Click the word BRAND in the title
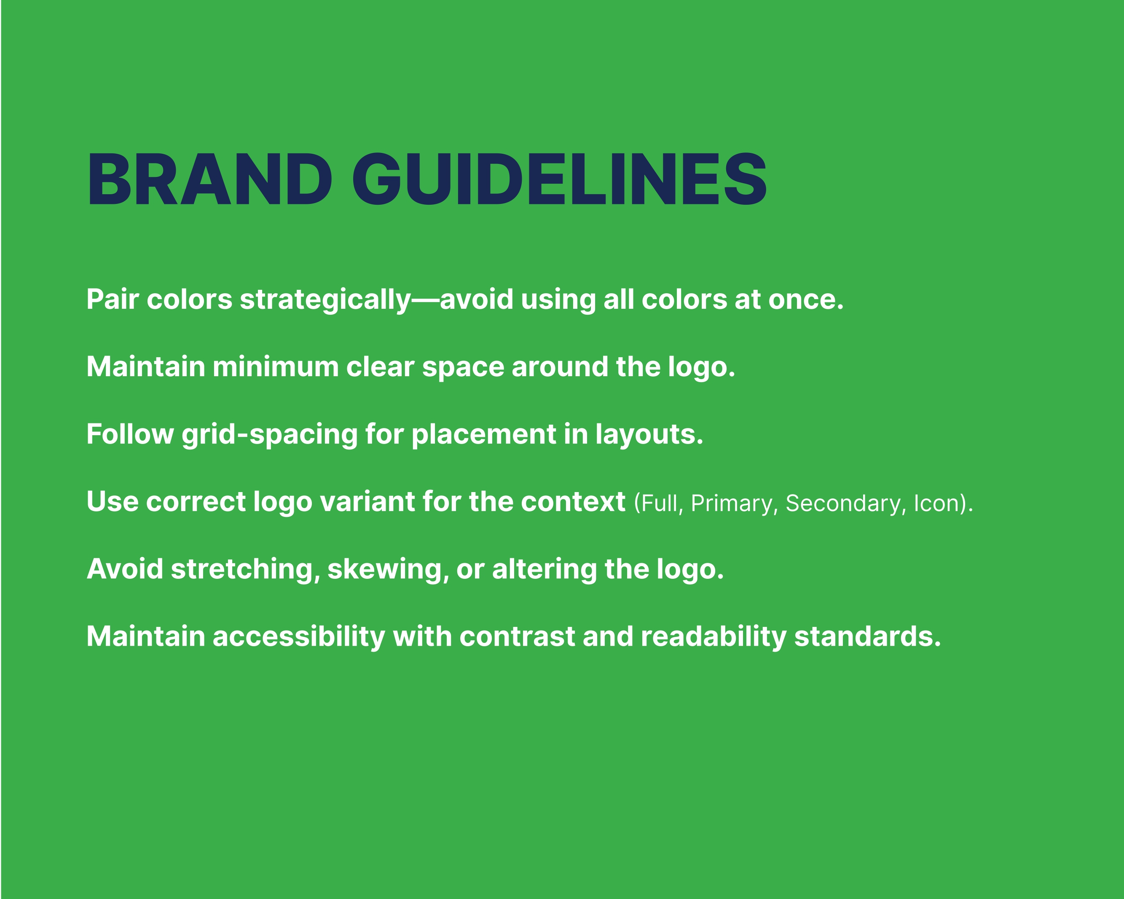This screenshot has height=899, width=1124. [209, 179]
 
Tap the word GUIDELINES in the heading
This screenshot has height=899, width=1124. [559, 179]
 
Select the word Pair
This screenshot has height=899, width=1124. [113, 300]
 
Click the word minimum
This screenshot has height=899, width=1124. [275, 367]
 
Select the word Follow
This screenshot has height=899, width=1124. [130, 434]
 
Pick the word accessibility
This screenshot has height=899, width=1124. [299, 637]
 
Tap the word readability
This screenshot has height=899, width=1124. [713, 637]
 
